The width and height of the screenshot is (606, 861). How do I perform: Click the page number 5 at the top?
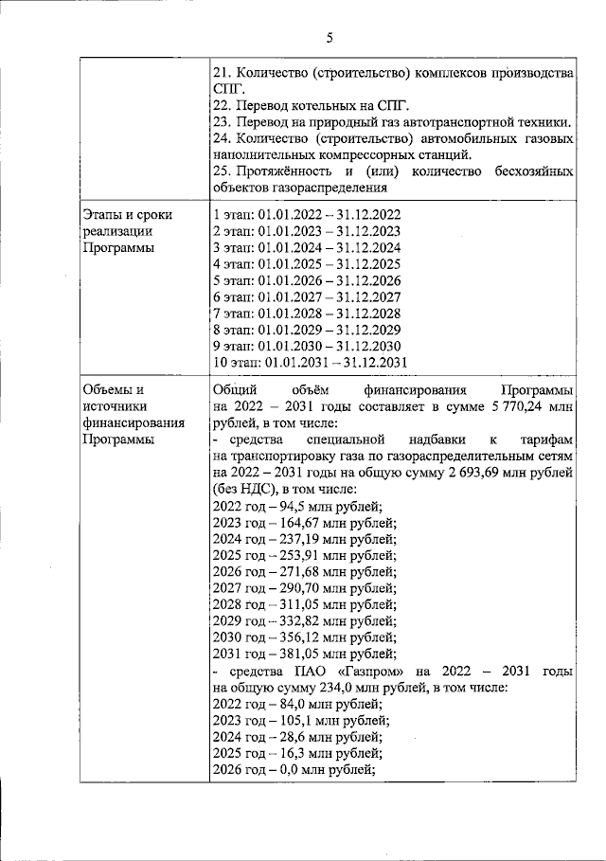point(329,38)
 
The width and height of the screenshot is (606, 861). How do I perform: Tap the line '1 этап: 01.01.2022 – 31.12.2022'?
point(307,214)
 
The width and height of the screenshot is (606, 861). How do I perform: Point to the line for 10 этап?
point(311,362)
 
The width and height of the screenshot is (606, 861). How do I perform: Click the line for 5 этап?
point(307,280)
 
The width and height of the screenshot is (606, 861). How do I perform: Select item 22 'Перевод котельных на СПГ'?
point(315,104)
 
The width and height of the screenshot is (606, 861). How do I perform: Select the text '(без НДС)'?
point(247,489)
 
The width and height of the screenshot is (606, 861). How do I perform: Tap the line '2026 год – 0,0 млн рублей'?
point(294,769)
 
